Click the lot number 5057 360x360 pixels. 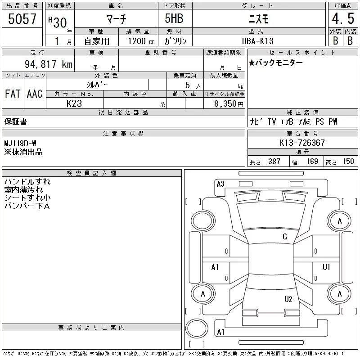[x=22, y=19]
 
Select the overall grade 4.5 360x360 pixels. [x=343, y=18]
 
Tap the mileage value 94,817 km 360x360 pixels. [x=49, y=64]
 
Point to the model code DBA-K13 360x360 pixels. [x=258, y=41]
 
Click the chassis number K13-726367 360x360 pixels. [x=302, y=143]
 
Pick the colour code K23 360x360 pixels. [x=74, y=103]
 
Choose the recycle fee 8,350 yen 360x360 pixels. [x=229, y=104]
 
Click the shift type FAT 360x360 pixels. [x=13, y=94]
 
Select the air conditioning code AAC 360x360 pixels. [x=35, y=94]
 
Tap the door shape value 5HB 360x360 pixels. [x=174, y=18]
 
